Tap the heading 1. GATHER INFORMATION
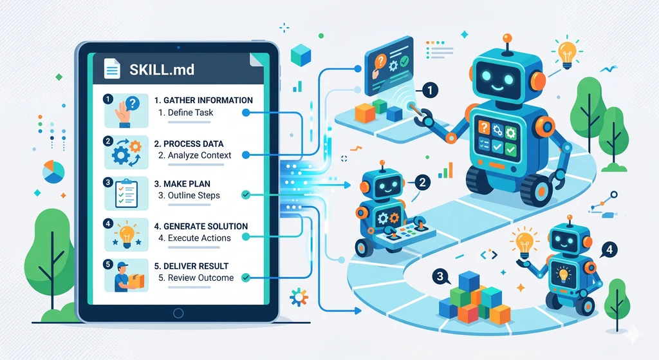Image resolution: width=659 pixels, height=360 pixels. click(x=203, y=100)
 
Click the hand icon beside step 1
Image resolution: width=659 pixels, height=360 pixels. click(x=124, y=110)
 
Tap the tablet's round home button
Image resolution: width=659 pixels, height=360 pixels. click(x=178, y=313)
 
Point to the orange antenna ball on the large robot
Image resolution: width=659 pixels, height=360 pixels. click(x=507, y=38)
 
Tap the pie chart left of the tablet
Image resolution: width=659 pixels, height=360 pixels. click(x=53, y=172)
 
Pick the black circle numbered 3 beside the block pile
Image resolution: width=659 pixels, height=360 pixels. click(x=441, y=277)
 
